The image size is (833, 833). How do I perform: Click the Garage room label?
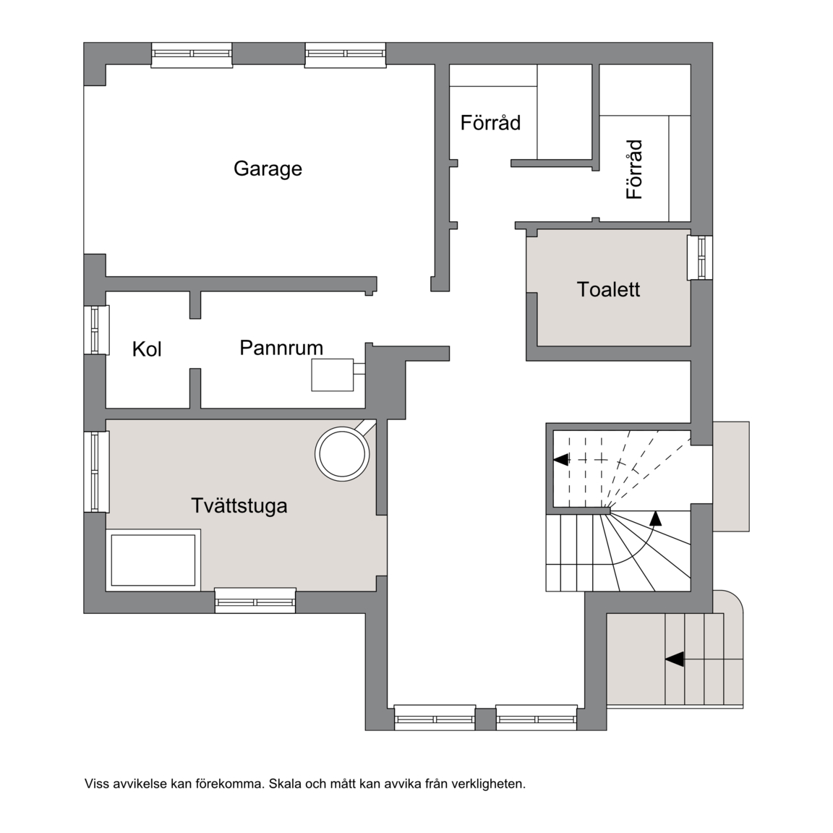[268, 169]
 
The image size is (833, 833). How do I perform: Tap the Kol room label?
[147, 349]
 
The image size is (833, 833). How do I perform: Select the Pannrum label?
[281, 348]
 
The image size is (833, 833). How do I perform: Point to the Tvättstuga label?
[239, 505]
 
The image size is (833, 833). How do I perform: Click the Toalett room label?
[608, 289]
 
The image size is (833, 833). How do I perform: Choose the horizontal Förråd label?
[490, 123]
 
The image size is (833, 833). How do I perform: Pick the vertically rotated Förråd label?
[634, 169]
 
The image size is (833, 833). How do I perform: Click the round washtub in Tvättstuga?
[342, 454]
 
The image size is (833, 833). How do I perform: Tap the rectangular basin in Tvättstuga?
[153, 560]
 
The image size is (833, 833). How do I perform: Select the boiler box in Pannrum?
[333, 375]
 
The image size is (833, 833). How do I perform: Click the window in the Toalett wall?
[700, 257]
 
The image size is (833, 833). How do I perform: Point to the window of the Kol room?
[97, 330]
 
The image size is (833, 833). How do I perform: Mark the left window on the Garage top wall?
[192, 55]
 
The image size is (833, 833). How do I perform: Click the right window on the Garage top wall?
[346, 55]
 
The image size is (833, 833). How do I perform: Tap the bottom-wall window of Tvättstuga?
[255, 600]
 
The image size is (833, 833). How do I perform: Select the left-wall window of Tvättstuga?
[97, 471]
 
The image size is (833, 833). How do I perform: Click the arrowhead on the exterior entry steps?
[674, 659]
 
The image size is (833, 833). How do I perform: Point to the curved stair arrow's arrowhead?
[657, 518]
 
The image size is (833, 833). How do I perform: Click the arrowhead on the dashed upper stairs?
[561, 460]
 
